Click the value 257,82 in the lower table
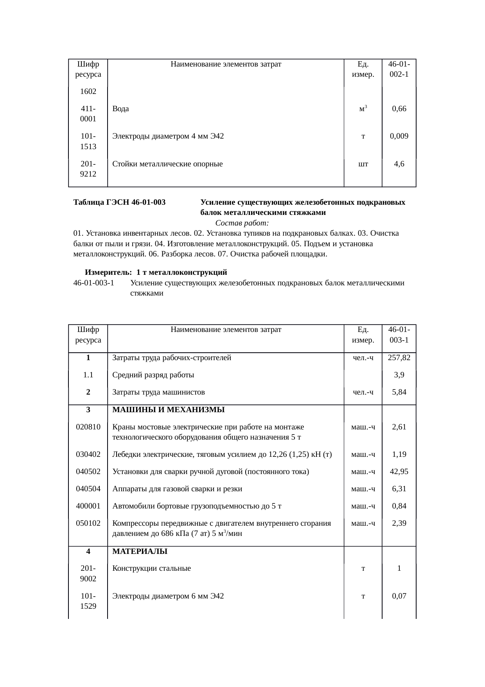click(399, 357)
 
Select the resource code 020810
click(88, 427)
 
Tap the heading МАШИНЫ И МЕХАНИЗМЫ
click(168, 410)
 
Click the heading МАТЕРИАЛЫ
click(140, 552)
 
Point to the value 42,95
click(399, 472)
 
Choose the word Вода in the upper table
click(120, 109)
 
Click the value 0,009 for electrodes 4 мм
click(399, 136)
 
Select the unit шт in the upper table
click(363, 164)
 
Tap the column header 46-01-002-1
click(399, 69)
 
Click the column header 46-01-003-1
click(399, 335)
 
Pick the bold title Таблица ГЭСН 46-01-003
click(119, 202)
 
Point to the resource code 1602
click(88, 92)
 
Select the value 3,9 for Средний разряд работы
click(399, 375)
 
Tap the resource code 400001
click(88, 506)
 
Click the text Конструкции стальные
click(151, 568)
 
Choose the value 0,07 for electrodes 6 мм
click(399, 596)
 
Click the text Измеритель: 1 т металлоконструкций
click(156, 272)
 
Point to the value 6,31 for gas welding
click(399, 489)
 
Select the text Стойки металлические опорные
click(167, 164)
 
